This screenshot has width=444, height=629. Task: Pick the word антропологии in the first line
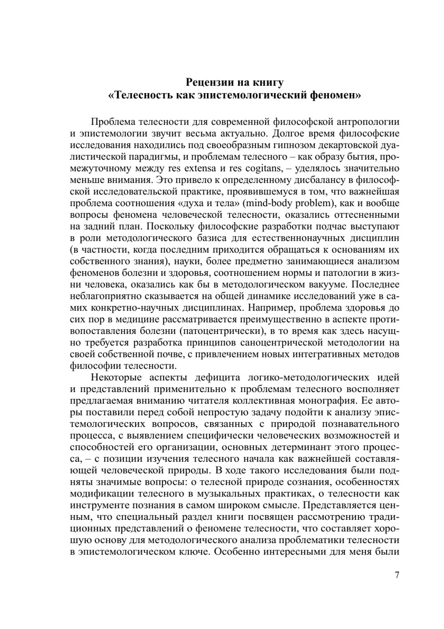tap(369, 122)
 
